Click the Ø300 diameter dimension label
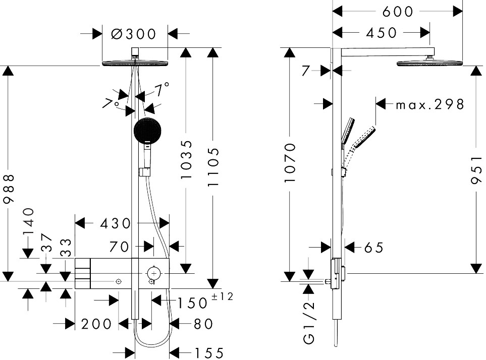133,34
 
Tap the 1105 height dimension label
213,167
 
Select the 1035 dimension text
187,160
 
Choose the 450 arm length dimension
381,33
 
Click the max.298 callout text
429,104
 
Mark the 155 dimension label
208,353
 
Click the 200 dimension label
96,324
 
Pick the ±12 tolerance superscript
223,296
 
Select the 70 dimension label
120,247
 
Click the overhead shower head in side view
430,63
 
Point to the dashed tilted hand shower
362,137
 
